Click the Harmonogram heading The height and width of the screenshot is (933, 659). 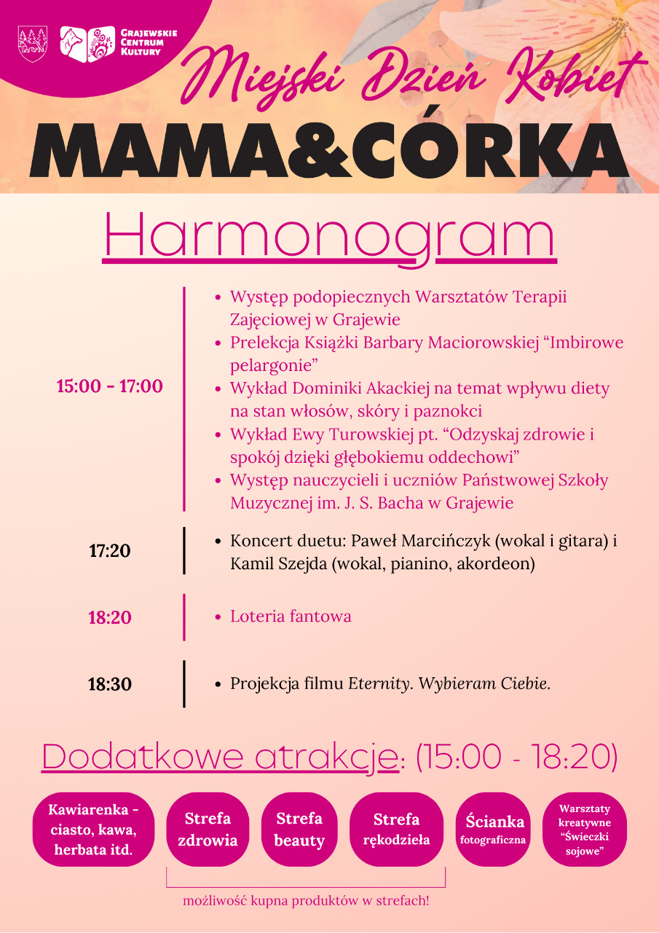pyautogui.click(x=329, y=235)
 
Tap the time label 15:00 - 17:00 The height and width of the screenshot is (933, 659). pyautogui.click(x=110, y=386)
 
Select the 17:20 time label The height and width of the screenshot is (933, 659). pyautogui.click(x=110, y=551)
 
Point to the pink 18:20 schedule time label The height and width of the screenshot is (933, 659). pyautogui.click(x=110, y=618)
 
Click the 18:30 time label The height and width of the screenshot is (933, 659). pyautogui.click(x=110, y=685)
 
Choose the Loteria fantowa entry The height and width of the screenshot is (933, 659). pyautogui.click(x=291, y=617)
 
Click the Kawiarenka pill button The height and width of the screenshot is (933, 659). pyautogui.click(x=93, y=829)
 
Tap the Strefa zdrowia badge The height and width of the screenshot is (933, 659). pyautogui.click(x=208, y=829)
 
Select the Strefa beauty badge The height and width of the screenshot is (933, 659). pyautogui.click(x=299, y=829)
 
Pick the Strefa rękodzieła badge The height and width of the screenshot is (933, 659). pyautogui.click(x=396, y=829)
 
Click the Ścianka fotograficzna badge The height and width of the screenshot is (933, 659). pyautogui.click(x=494, y=829)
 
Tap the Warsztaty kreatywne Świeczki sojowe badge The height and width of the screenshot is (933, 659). pyautogui.click(x=585, y=829)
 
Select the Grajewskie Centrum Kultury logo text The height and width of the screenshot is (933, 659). pyautogui.click(x=148, y=42)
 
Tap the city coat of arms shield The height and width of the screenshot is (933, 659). pyautogui.click(x=33, y=43)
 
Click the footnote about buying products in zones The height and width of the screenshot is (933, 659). pyautogui.click(x=306, y=901)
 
